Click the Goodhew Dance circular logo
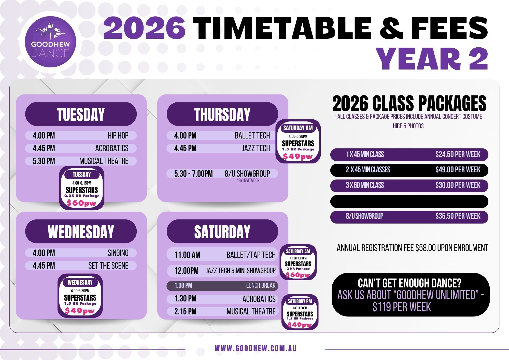click(x=50, y=42)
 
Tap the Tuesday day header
click(x=81, y=114)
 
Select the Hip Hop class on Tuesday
click(x=118, y=135)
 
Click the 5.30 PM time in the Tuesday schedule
click(x=44, y=161)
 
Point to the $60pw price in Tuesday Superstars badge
click(x=81, y=203)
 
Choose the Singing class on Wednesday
click(x=118, y=253)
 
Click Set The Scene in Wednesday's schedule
click(x=108, y=266)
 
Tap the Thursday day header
click(x=222, y=114)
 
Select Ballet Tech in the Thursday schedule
click(x=252, y=135)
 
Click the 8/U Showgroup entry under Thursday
click(x=247, y=174)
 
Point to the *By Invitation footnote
click(x=248, y=181)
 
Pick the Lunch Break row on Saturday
click(x=222, y=286)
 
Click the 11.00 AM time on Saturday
click(x=187, y=255)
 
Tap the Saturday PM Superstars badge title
click(x=300, y=301)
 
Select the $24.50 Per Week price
click(x=458, y=154)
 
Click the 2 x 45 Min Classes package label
click(x=368, y=170)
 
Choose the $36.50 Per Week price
click(x=458, y=216)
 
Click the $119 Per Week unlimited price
click(x=402, y=307)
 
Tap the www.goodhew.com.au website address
click(x=256, y=348)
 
